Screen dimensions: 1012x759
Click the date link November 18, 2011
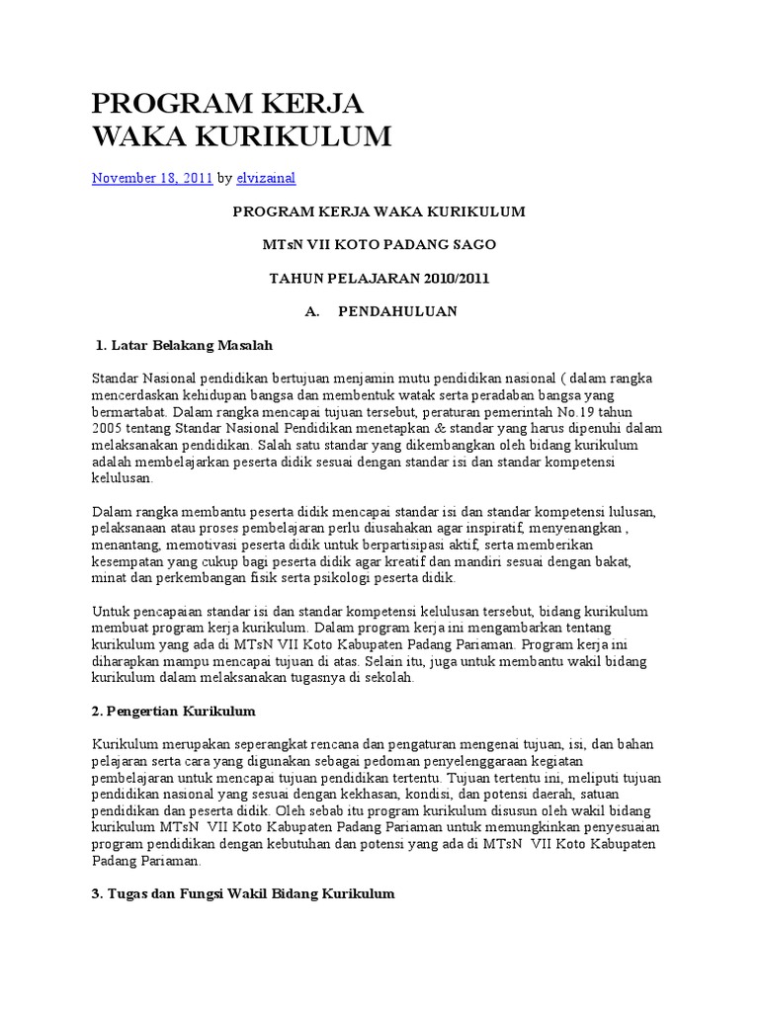click(152, 178)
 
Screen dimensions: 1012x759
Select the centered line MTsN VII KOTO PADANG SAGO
click(379, 244)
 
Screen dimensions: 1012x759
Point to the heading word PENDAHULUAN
click(397, 311)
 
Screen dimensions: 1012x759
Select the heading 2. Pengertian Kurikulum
click(174, 711)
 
